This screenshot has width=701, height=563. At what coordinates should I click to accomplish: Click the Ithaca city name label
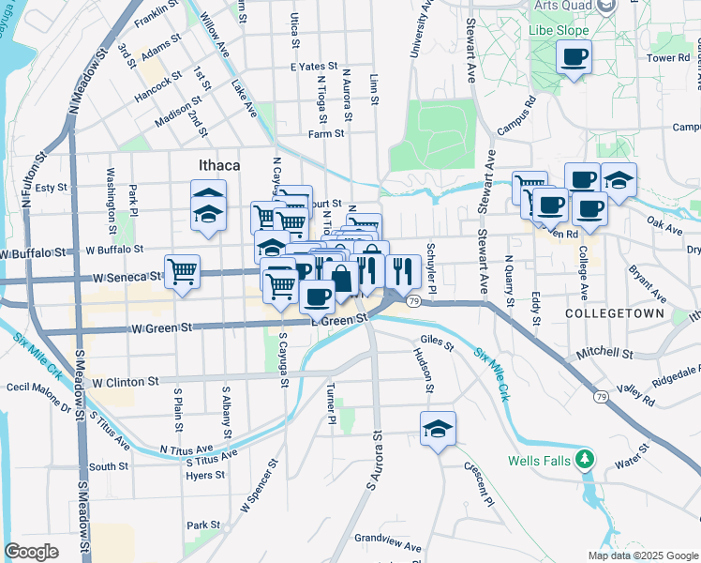pyautogui.click(x=219, y=165)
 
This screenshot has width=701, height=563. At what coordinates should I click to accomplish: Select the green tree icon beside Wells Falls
pyautogui.click(x=586, y=459)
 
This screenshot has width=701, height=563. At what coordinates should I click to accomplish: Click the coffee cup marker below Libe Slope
pyautogui.click(x=574, y=58)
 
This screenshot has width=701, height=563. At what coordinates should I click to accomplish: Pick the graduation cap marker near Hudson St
pyautogui.click(x=438, y=429)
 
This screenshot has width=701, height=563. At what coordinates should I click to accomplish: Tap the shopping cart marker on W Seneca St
pyautogui.click(x=183, y=272)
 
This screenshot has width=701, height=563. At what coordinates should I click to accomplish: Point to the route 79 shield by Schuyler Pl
pyautogui.click(x=413, y=300)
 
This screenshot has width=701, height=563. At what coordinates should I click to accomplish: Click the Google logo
pyautogui.click(x=32, y=551)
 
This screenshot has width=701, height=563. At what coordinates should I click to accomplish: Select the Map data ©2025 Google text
pyautogui.click(x=641, y=555)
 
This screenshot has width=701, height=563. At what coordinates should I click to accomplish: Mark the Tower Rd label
pyautogui.click(x=667, y=58)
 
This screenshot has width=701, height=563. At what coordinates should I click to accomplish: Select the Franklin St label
pyautogui.click(x=156, y=13)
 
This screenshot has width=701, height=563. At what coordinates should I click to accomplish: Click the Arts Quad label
pyautogui.click(x=566, y=6)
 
